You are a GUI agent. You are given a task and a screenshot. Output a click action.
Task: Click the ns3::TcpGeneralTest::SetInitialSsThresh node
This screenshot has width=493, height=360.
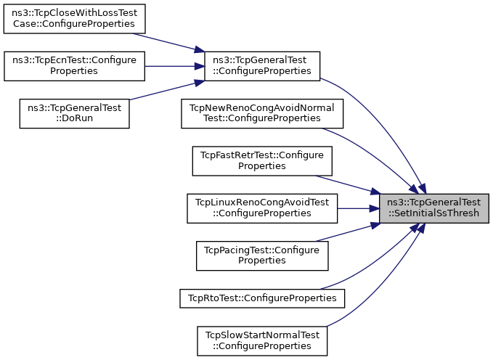pyautogui.click(x=434, y=208)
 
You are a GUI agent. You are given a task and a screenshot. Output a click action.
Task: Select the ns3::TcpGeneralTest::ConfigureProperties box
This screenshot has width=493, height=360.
pyautogui.click(x=262, y=65)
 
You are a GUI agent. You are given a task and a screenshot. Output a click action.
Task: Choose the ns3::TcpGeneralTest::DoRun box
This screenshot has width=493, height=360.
pyautogui.click(x=74, y=112)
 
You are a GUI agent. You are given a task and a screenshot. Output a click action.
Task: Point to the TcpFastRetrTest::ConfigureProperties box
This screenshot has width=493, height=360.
pyautogui.click(x=262, y=160)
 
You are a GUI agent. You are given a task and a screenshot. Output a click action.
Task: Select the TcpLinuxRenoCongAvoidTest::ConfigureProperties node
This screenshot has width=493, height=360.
pyautogui.click(x=262, y=208)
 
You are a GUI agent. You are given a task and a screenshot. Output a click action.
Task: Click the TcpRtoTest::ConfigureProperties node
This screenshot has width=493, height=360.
pyautogui.click(x=262, y=298)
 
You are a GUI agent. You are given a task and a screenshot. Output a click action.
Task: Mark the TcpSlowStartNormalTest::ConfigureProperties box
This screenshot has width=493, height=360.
pyautogui.click(x=262, y=339)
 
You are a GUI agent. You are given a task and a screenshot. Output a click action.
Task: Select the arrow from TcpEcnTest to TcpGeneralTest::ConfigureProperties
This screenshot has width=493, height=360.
pyautogui.click(x=174, y=65)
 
